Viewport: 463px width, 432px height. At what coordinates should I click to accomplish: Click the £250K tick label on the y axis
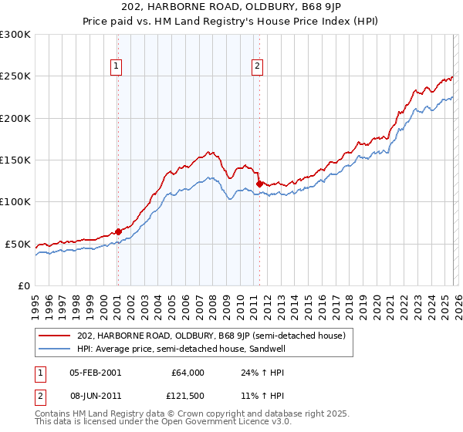point(15,76)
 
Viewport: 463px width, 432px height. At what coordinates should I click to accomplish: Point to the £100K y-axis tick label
point(15,202)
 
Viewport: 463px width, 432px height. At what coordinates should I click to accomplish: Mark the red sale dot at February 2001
point(118,231)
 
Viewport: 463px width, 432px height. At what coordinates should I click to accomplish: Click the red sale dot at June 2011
point(259,183)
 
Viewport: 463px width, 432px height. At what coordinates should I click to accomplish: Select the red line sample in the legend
point(55,336)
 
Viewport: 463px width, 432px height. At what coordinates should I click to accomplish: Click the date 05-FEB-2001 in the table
point(94,373)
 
